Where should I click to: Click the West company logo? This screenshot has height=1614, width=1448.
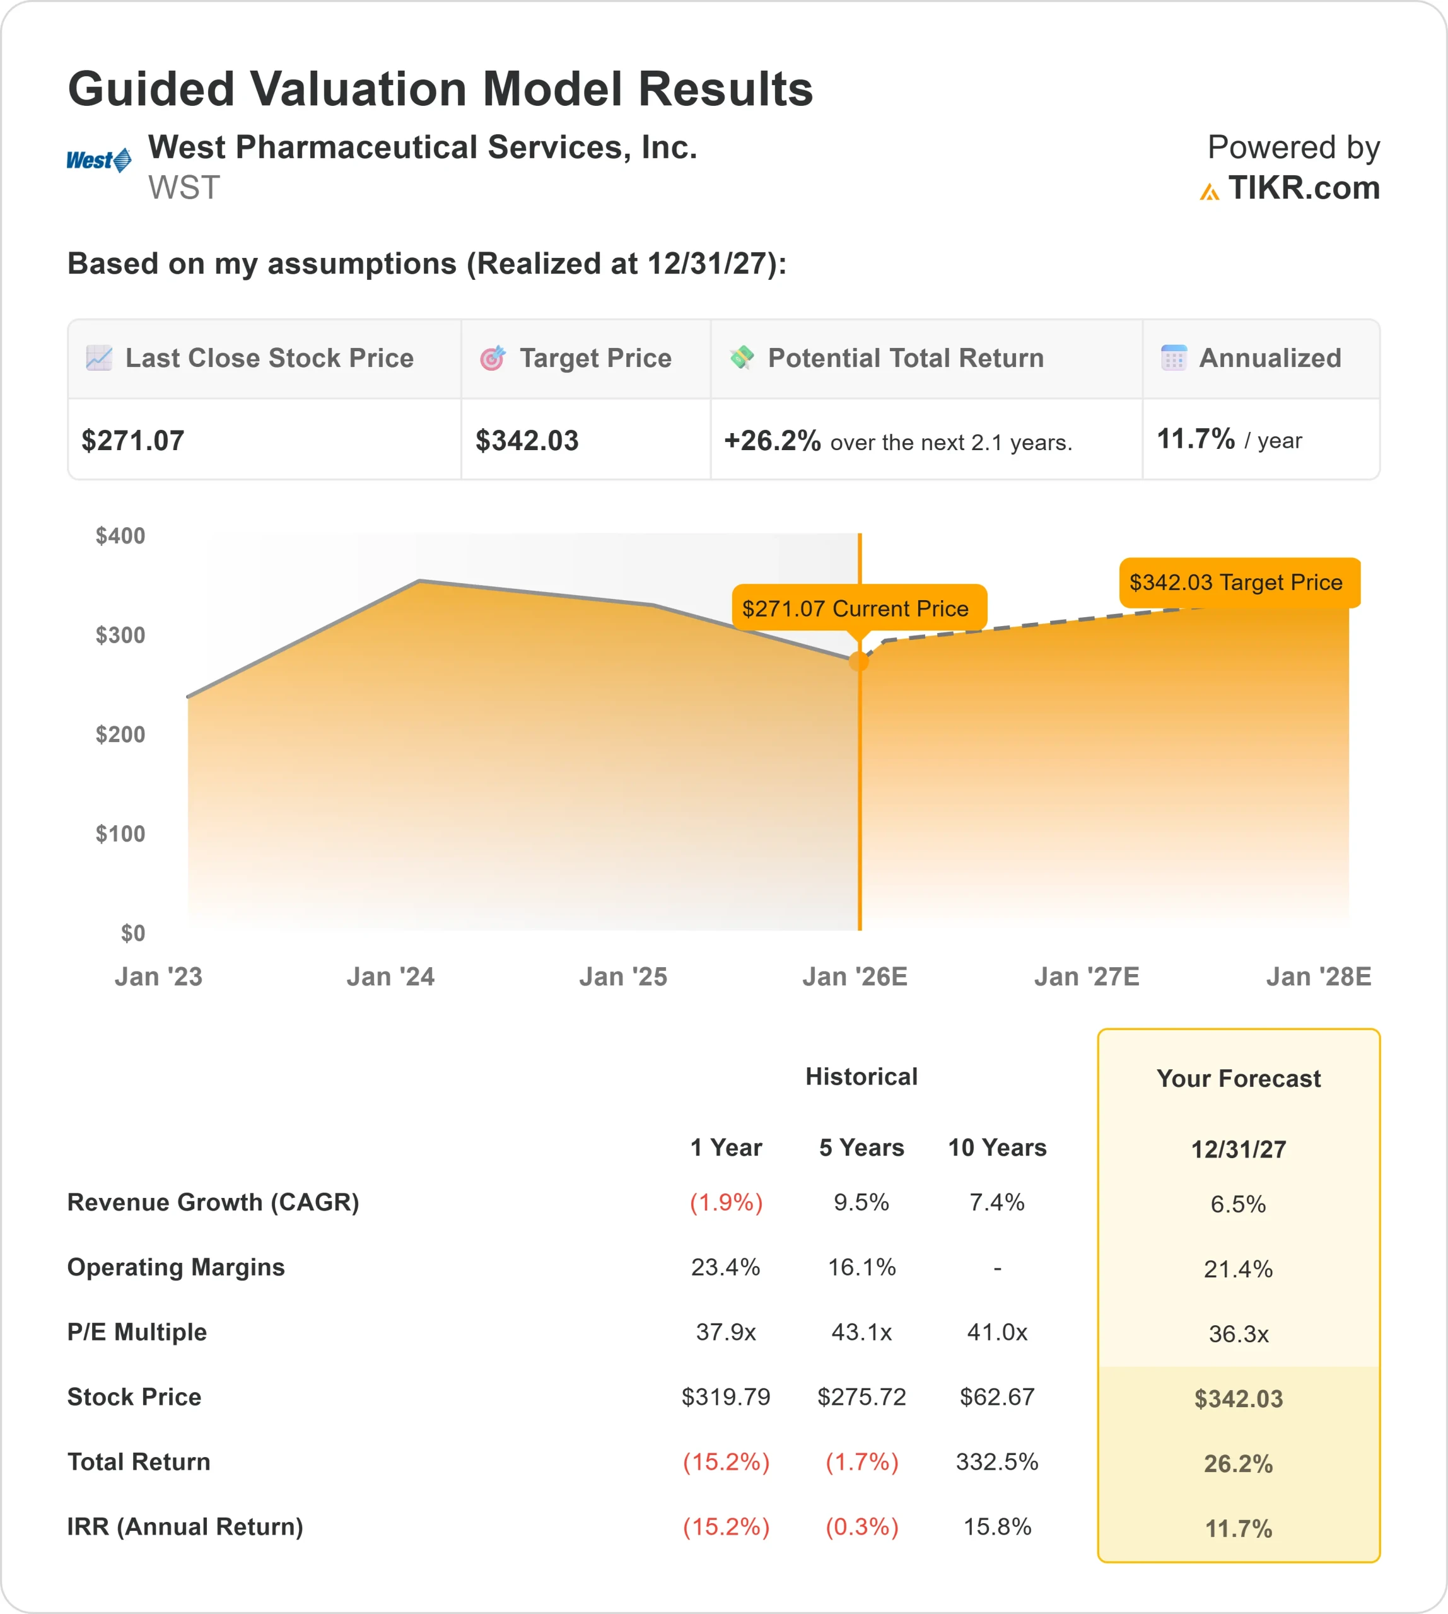click(98, 161)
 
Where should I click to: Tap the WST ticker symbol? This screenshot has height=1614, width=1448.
click(184, 189)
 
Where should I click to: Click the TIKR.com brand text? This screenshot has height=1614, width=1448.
click(1302, 189)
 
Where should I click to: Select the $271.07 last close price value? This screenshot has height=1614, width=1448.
click(133, 441)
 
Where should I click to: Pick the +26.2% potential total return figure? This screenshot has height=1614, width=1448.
click(771, 441)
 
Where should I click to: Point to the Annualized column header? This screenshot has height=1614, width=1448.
click(1269, 359)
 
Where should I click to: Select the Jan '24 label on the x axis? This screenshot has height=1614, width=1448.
click(390, 977)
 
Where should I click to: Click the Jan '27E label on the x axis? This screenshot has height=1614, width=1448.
click(1086, 977)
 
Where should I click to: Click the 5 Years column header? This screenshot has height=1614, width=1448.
click(861, 1148)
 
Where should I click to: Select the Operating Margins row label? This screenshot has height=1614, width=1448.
click(176, 1267)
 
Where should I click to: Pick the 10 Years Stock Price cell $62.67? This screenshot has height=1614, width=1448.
click(997, 1397)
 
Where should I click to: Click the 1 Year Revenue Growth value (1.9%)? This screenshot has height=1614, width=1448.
click(726, 1202)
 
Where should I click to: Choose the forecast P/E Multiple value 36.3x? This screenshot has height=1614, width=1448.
click(1238, 1334)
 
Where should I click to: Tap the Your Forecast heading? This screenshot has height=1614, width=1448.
click(1238, 1079)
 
